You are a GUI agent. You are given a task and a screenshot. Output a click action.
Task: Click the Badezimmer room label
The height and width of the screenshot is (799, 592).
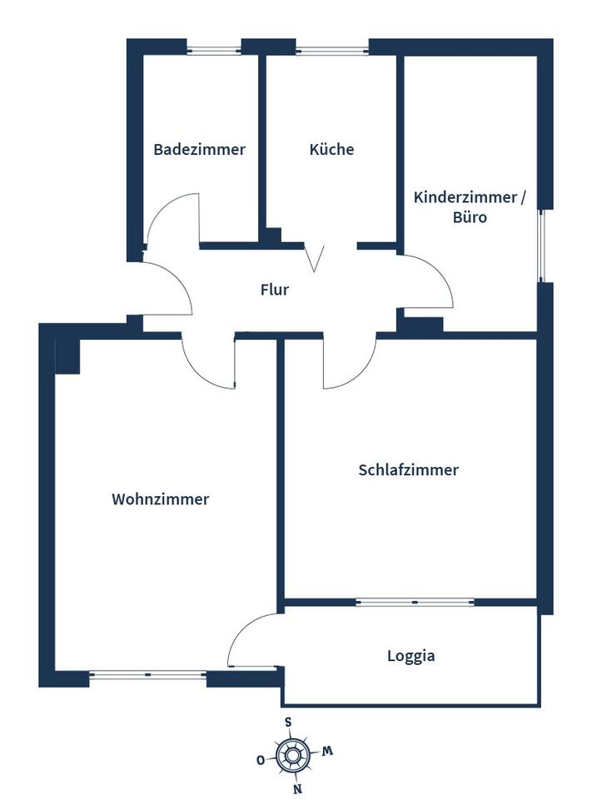(x=199, y=150)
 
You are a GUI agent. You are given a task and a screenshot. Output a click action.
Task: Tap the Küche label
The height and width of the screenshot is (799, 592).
(x=331, y=150)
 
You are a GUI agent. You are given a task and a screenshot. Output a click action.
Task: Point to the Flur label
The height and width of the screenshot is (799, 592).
(x=275, y=290)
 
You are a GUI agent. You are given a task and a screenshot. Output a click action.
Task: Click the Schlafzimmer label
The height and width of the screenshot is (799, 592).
(x=408, y=470)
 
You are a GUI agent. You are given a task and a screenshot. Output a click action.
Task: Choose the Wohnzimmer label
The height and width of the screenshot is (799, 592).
(x=161, y=500)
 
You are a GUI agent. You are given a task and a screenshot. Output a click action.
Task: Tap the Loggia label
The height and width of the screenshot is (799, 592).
(x=411, y=656)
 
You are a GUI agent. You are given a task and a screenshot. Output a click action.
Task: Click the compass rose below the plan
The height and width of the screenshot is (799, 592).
(x=292, y=756)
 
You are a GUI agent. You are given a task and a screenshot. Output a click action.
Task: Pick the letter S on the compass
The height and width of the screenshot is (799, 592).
(x=287, y=722)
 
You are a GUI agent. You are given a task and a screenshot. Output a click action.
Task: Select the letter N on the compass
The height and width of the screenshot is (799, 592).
(x=297, y=789)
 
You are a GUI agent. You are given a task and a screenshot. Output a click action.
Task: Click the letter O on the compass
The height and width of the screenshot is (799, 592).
(x=260, y=760)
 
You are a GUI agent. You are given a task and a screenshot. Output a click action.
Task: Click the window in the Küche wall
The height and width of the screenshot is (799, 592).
(x=331, y=51)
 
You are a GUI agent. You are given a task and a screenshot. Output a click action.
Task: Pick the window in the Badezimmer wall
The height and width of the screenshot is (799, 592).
(x=213, y=51)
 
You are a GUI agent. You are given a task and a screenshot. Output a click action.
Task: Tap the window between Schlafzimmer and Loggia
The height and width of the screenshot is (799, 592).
(x=415, y=602)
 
